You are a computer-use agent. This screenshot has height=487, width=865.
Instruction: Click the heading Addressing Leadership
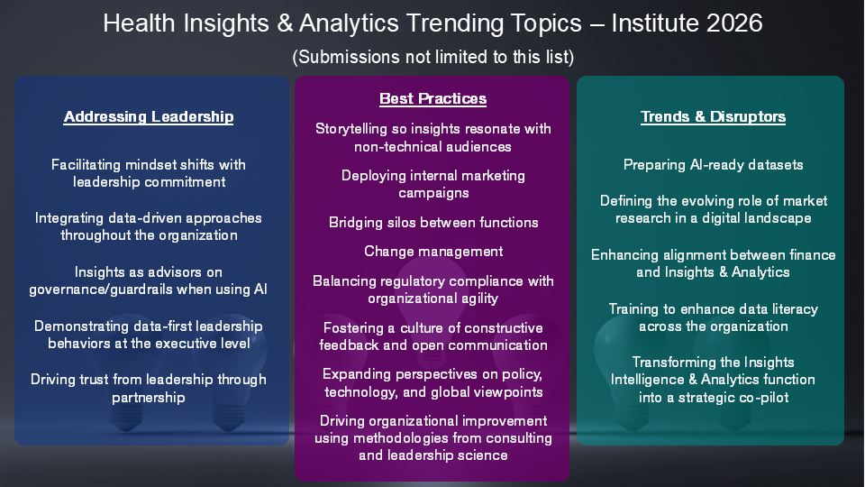pos(149,116)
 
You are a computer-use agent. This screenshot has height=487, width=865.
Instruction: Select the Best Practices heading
pos(433,98)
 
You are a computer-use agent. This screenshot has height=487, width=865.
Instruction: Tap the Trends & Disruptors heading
pos(714,116)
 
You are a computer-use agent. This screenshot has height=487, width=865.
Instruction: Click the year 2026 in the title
pos(734,23)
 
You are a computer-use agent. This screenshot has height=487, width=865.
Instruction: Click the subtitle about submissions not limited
pos(433,57)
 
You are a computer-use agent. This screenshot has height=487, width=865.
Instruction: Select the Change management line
pos(433,252)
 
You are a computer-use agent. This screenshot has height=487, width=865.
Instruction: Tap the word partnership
pos(149,398)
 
